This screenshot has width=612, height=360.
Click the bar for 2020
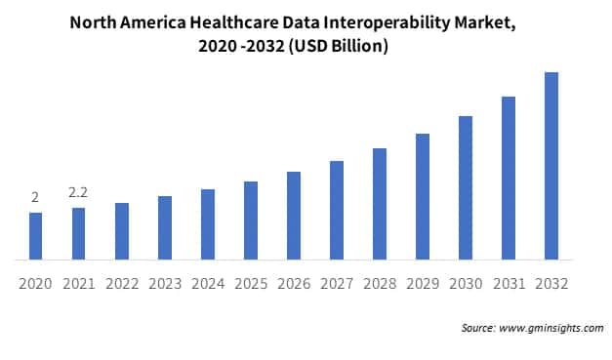[x=35, y=236]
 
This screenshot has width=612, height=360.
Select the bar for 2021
[x=78, y=234]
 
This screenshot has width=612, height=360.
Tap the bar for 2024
[x=207, y=224]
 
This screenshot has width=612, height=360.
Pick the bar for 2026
[x=293, y=216]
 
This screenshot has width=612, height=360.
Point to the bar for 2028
[x=379, y=204]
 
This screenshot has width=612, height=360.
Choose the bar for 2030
[x=465, y=187]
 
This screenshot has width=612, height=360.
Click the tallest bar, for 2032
[x=551, y=166]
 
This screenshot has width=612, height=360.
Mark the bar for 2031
[x=508, y=178]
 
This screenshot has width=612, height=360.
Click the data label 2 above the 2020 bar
[x=35, y=198]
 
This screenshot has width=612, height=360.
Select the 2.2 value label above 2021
[x=78, y=193]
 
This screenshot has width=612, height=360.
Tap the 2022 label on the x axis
[x=121, y=284]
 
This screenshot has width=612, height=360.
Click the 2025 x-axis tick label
[x=250, y=284]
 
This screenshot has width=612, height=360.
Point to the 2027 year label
[x=336, y=284]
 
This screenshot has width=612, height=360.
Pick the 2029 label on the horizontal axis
[x=422, y=284]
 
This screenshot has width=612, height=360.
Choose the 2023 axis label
[x=164, y=284]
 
